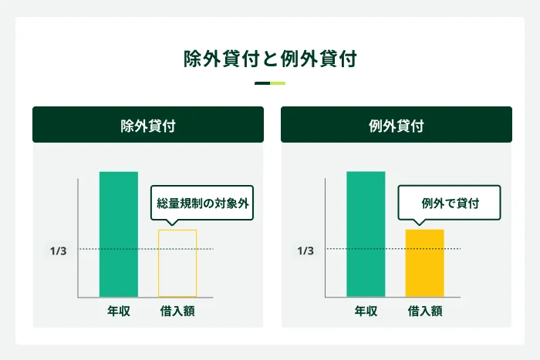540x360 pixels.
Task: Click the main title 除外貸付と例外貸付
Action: tap(270, 59)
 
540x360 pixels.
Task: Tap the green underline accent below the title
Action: tap(270, 83)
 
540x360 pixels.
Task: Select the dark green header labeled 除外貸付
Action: tap(148, 125)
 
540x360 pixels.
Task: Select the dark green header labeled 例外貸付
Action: tap(397, 125)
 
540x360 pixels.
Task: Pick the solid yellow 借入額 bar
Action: tap(425, 263)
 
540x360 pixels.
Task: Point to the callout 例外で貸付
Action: tap(450, 204)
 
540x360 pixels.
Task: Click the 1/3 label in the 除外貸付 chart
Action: tap(59, 251)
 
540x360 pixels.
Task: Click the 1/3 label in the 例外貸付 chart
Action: tap(306, 251)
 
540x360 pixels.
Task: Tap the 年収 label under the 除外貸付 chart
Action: tap(118, 311)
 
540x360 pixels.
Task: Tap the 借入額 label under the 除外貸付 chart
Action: tap(177, 311)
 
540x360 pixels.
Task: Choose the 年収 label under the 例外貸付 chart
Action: tap(366, 311)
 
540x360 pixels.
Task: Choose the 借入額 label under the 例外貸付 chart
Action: tap(425, 311)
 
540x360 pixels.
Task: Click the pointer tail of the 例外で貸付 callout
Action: tap(419, 224)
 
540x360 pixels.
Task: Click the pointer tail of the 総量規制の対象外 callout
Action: tap(171, 224)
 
